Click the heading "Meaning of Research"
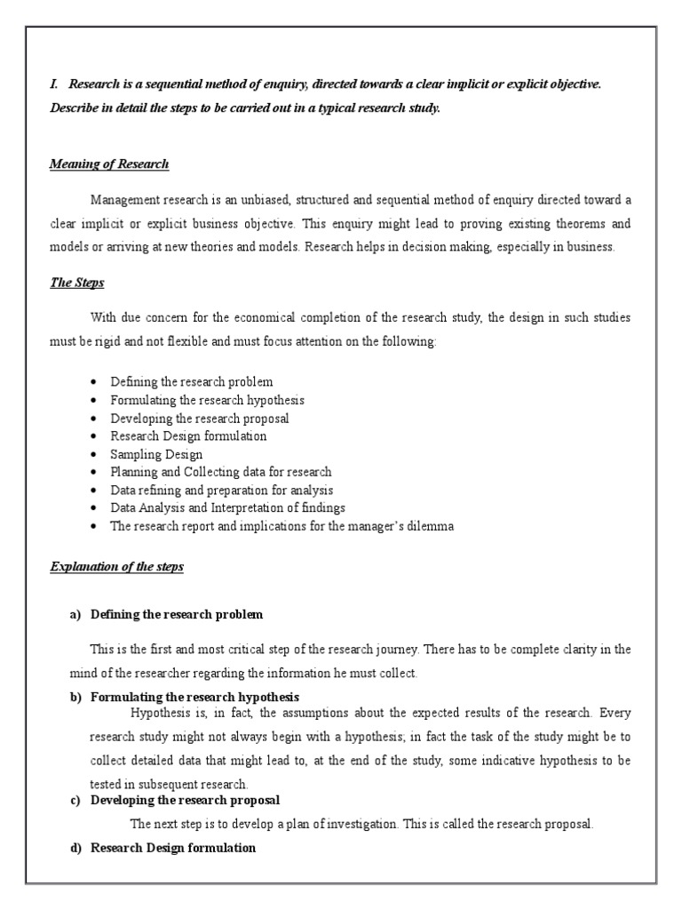point(109,164)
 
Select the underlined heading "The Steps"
point(78,283)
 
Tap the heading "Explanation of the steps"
point(116,566)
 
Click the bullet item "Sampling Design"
point(156,454)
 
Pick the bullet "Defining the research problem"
point(192,382)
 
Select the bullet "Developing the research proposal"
point(200,418)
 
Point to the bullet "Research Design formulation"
point(188,436)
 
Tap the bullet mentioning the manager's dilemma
point(282,526)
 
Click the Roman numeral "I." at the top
point(53,84)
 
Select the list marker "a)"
point(75,615)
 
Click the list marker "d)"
point(75,848)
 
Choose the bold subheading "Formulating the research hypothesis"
point(194,697)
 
